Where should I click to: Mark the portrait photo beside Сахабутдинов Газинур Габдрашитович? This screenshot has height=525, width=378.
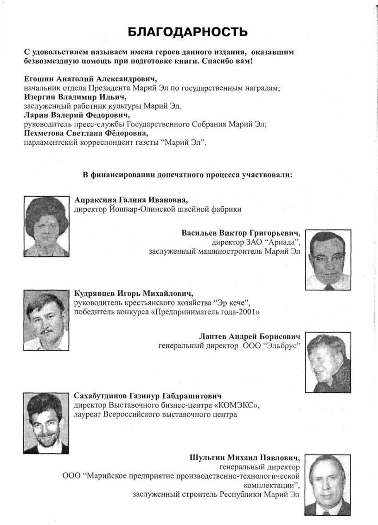46,423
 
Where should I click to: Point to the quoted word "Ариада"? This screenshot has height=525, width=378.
284,243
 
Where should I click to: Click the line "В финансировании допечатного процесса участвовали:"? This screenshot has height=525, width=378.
187,176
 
